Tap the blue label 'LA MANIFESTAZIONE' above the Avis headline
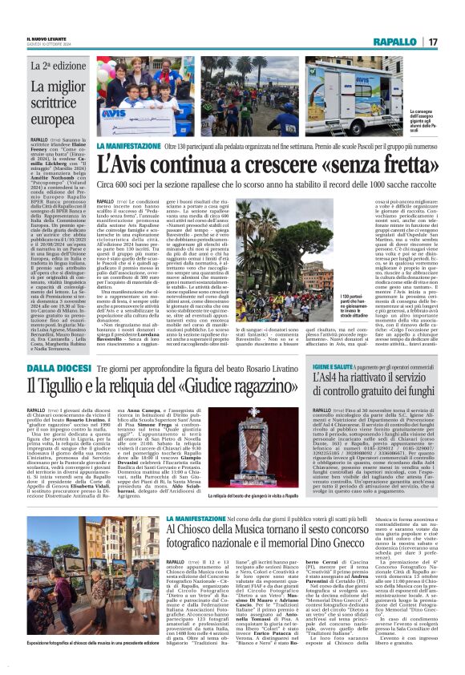(128, 148)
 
